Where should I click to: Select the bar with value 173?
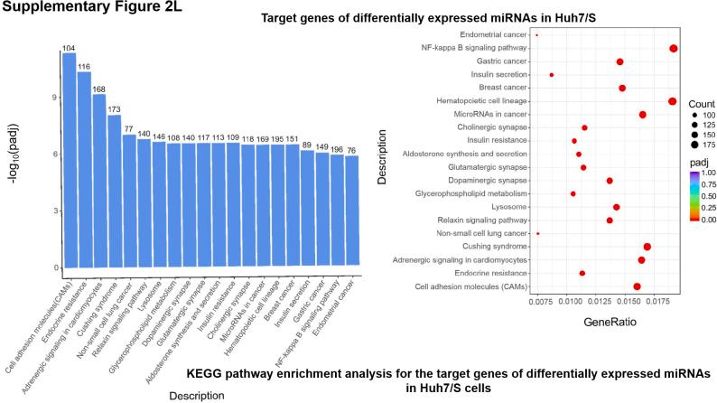[114, 191]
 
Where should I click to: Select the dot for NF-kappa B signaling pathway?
[674, 48]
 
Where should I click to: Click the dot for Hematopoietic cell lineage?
[672, 101]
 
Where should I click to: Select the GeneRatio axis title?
[610, 321]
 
